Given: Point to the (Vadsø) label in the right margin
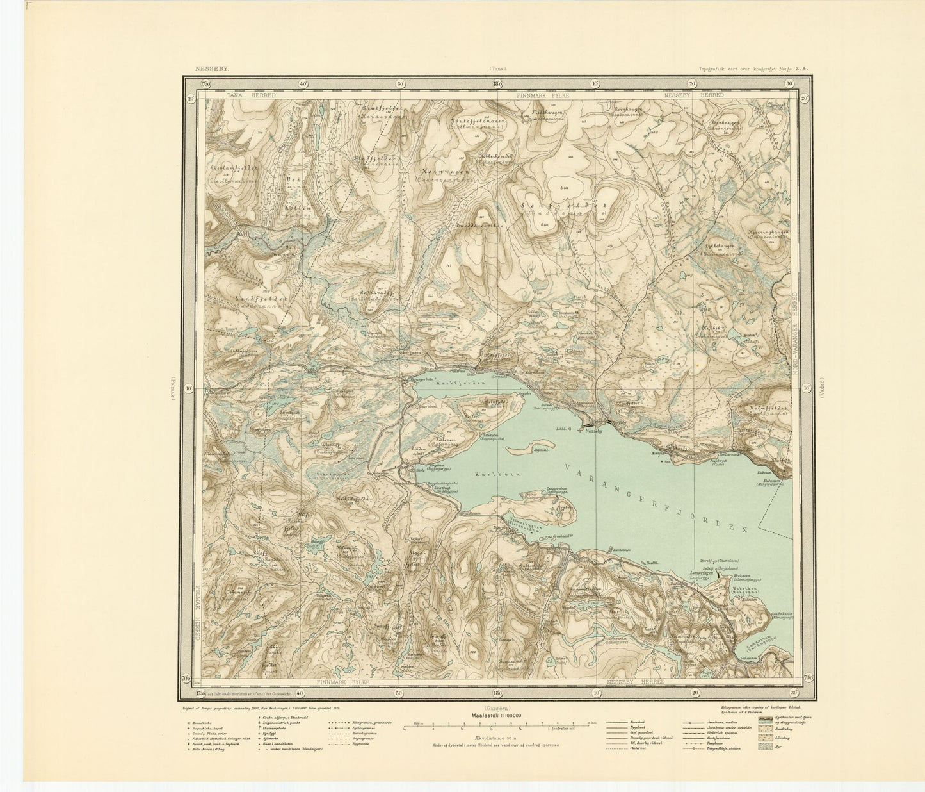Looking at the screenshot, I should coord(823,389).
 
